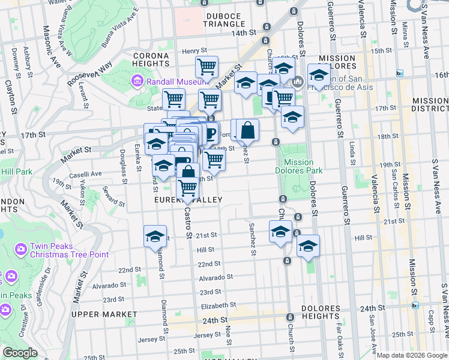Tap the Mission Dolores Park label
299,166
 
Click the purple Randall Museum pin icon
137,80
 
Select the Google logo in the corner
20,353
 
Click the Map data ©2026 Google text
412,355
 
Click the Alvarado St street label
215,277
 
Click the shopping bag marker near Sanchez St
247,129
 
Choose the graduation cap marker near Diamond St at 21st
155,235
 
